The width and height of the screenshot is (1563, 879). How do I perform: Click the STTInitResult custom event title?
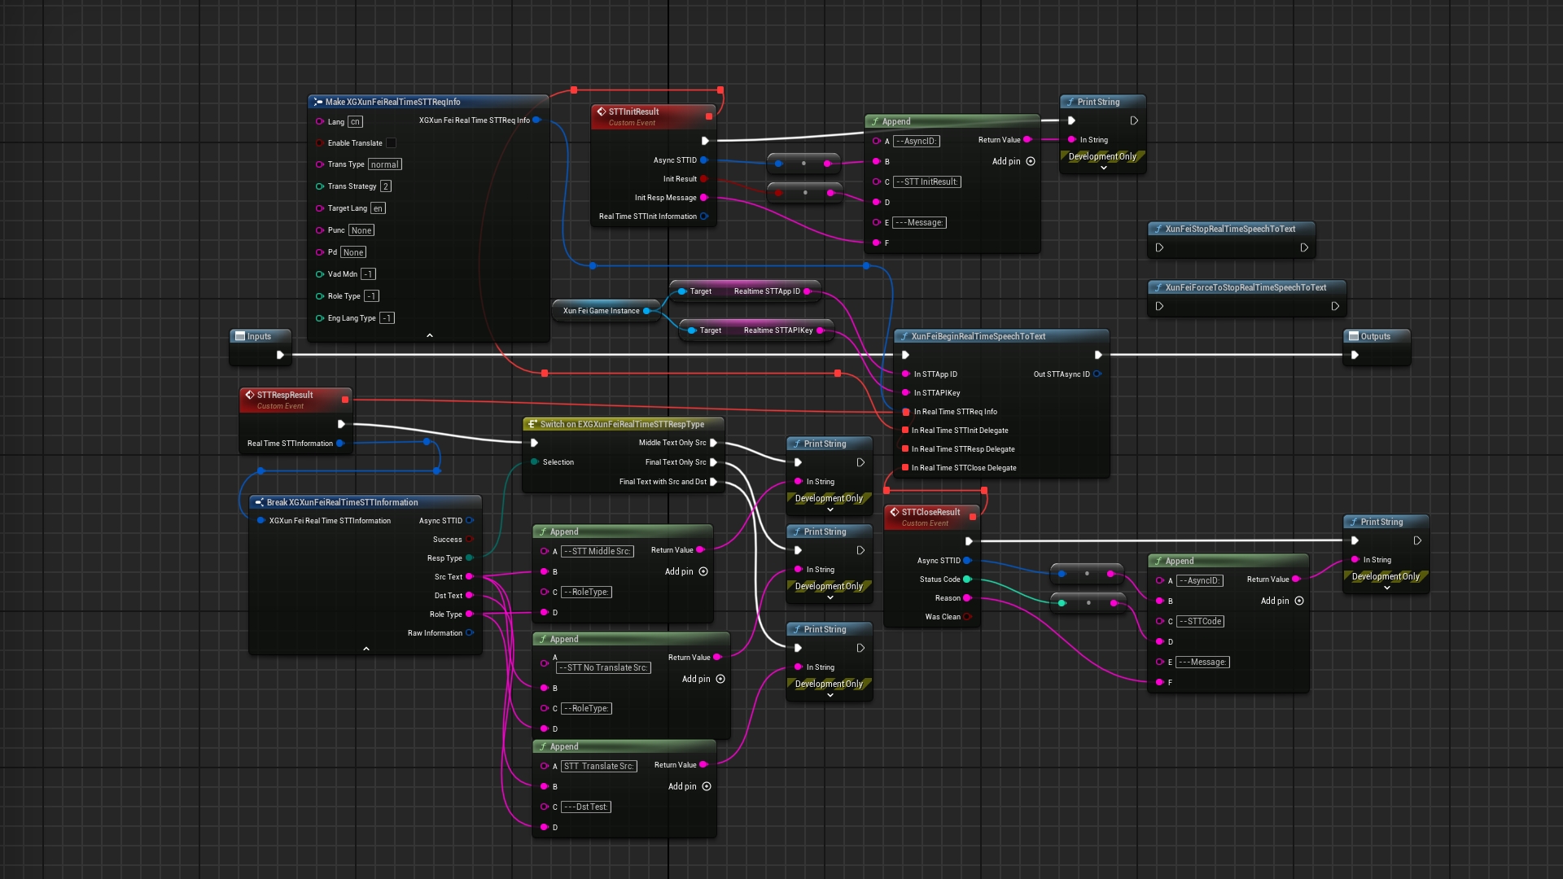633,112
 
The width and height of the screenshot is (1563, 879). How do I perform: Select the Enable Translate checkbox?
391,143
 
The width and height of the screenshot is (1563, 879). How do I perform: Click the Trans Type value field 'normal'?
384,164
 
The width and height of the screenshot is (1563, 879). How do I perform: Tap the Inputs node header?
259,336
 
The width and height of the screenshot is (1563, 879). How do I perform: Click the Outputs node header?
1375,336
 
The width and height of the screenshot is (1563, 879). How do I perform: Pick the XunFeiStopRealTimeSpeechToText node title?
1229,229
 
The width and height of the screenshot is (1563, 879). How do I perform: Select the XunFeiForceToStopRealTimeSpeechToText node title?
1245,287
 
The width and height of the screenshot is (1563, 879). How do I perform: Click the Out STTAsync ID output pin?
1097,374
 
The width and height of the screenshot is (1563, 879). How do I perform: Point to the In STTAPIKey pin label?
936,393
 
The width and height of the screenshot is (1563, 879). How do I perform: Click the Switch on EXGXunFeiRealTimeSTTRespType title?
622,424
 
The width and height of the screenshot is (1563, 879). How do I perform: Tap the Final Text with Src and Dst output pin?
713,482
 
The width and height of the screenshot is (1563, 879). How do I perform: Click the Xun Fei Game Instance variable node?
602,311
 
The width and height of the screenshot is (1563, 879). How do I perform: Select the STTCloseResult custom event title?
930,512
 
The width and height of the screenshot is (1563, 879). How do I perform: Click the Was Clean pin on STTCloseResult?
967,617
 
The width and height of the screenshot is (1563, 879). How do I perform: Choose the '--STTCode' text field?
1200,622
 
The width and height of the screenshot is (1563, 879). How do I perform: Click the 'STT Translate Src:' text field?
598,767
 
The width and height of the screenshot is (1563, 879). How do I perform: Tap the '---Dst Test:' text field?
585,807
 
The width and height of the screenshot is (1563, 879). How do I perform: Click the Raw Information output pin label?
435,633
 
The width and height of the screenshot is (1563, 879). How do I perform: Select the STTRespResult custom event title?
284,395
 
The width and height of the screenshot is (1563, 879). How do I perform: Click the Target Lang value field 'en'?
378,208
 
